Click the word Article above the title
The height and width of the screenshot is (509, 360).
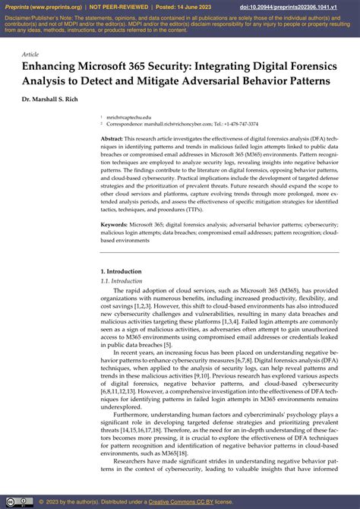click(x=30, y=55)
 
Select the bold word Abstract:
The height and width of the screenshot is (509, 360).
click(x=112, y=140)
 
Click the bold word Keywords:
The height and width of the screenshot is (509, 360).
click(x=115, y=225)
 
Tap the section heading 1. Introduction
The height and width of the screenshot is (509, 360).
click(x=121, y=270)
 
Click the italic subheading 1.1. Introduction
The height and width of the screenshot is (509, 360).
click(x=122, y=280)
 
